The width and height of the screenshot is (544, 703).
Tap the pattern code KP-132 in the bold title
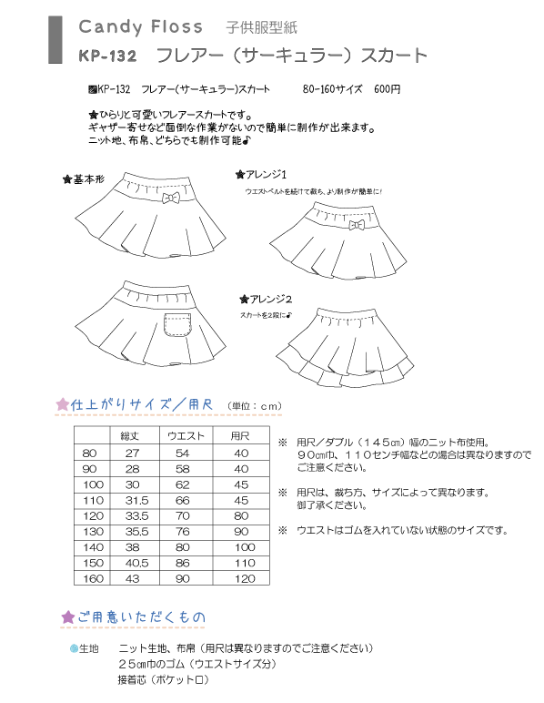point(107,56)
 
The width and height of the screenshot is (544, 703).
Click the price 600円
point(387,90)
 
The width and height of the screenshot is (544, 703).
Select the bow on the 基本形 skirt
point(169,197)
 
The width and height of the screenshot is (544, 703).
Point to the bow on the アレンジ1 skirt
point(357,224)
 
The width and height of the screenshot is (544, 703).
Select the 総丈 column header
point(131,435)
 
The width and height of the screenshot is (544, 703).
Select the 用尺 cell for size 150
point(241,562)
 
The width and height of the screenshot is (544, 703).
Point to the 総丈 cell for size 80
point(131,453)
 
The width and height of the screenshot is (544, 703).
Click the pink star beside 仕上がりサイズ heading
point(62,404)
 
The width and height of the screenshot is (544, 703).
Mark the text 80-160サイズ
point(332,90)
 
